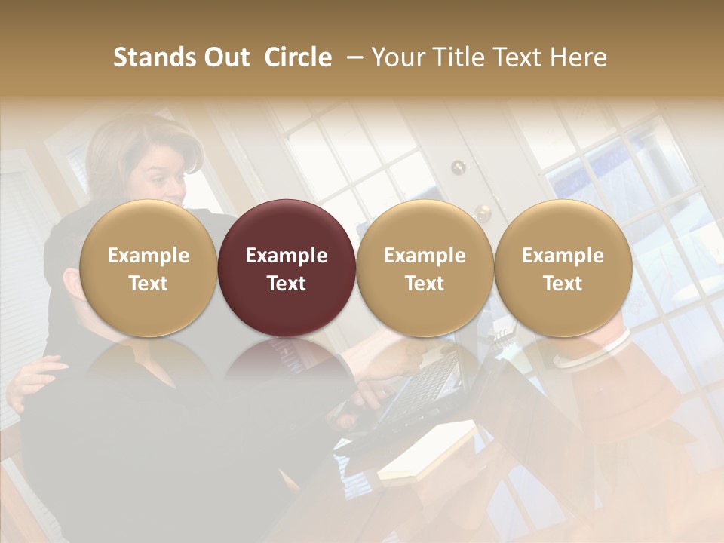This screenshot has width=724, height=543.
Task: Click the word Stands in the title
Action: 154,57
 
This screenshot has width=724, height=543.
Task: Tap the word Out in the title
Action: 225,57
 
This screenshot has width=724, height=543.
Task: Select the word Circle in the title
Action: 298,57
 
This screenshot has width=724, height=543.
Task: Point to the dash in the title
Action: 352,57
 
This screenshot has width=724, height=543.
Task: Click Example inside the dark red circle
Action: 287,256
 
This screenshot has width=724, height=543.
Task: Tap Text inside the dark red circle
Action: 287,284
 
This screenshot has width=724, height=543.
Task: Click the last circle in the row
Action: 563,268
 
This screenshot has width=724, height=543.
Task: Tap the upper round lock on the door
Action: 459,167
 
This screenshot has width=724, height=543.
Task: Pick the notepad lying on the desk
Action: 427,451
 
